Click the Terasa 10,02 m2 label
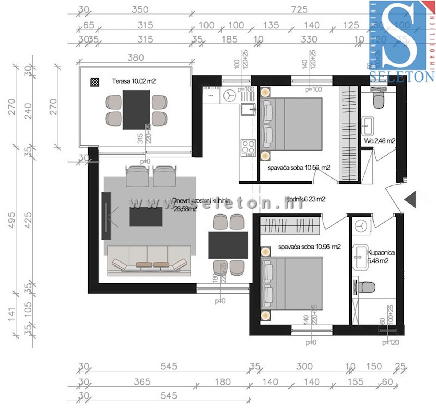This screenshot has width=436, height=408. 134,81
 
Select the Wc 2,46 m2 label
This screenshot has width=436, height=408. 380,141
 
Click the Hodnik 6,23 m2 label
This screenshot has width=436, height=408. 305,199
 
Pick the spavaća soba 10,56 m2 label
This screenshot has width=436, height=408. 299,168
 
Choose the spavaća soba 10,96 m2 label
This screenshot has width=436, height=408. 309,247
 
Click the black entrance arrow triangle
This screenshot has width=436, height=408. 411,200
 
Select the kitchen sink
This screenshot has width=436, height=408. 248,109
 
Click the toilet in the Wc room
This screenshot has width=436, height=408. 378,100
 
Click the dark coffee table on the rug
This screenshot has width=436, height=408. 146,216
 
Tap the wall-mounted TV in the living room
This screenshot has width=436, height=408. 106,216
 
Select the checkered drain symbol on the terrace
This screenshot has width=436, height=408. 95,82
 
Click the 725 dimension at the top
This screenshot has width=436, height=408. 299,9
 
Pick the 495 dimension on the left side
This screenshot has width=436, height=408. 11,220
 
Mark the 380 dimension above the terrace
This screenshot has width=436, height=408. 136,57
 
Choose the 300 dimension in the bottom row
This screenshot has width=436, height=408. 304,366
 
